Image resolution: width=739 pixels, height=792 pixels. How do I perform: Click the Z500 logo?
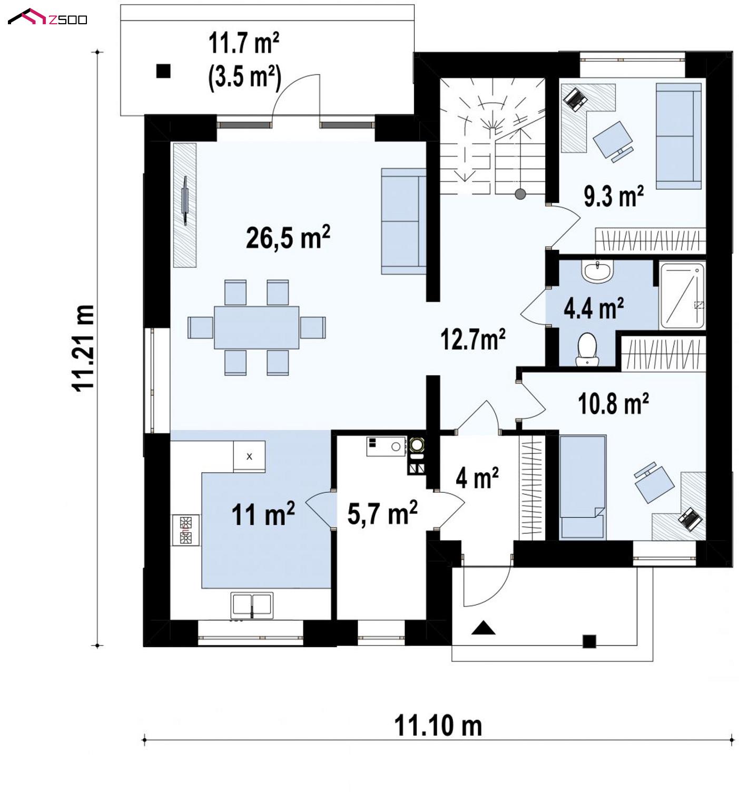point(47,17)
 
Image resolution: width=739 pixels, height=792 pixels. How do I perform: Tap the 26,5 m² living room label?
point(288,238)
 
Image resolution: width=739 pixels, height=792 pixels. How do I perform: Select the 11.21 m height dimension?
point(83,348)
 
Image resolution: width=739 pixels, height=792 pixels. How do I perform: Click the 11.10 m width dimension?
point(438,726)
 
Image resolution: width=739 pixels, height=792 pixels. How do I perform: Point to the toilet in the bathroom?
point(587,350)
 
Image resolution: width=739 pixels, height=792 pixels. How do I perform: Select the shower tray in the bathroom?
point(682,295)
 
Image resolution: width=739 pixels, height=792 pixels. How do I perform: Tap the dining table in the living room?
point(257,327)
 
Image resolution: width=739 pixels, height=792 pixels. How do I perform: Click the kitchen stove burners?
point(185,530)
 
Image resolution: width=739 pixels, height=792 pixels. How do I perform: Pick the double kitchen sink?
point(252,605)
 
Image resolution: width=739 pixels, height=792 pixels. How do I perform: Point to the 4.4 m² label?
point(594,308)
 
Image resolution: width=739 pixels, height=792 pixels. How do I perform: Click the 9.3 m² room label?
point(613,196)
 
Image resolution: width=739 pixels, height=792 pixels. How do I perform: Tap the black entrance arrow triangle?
point(484,628)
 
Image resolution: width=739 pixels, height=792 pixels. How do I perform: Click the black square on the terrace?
point(163,71)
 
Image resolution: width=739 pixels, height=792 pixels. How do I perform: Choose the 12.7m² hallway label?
point(473,339)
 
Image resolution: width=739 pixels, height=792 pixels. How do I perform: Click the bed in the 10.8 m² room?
point(582,487)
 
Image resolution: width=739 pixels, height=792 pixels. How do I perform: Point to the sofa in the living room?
point(403,221)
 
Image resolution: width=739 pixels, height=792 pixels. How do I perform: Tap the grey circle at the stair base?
point(520,194)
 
